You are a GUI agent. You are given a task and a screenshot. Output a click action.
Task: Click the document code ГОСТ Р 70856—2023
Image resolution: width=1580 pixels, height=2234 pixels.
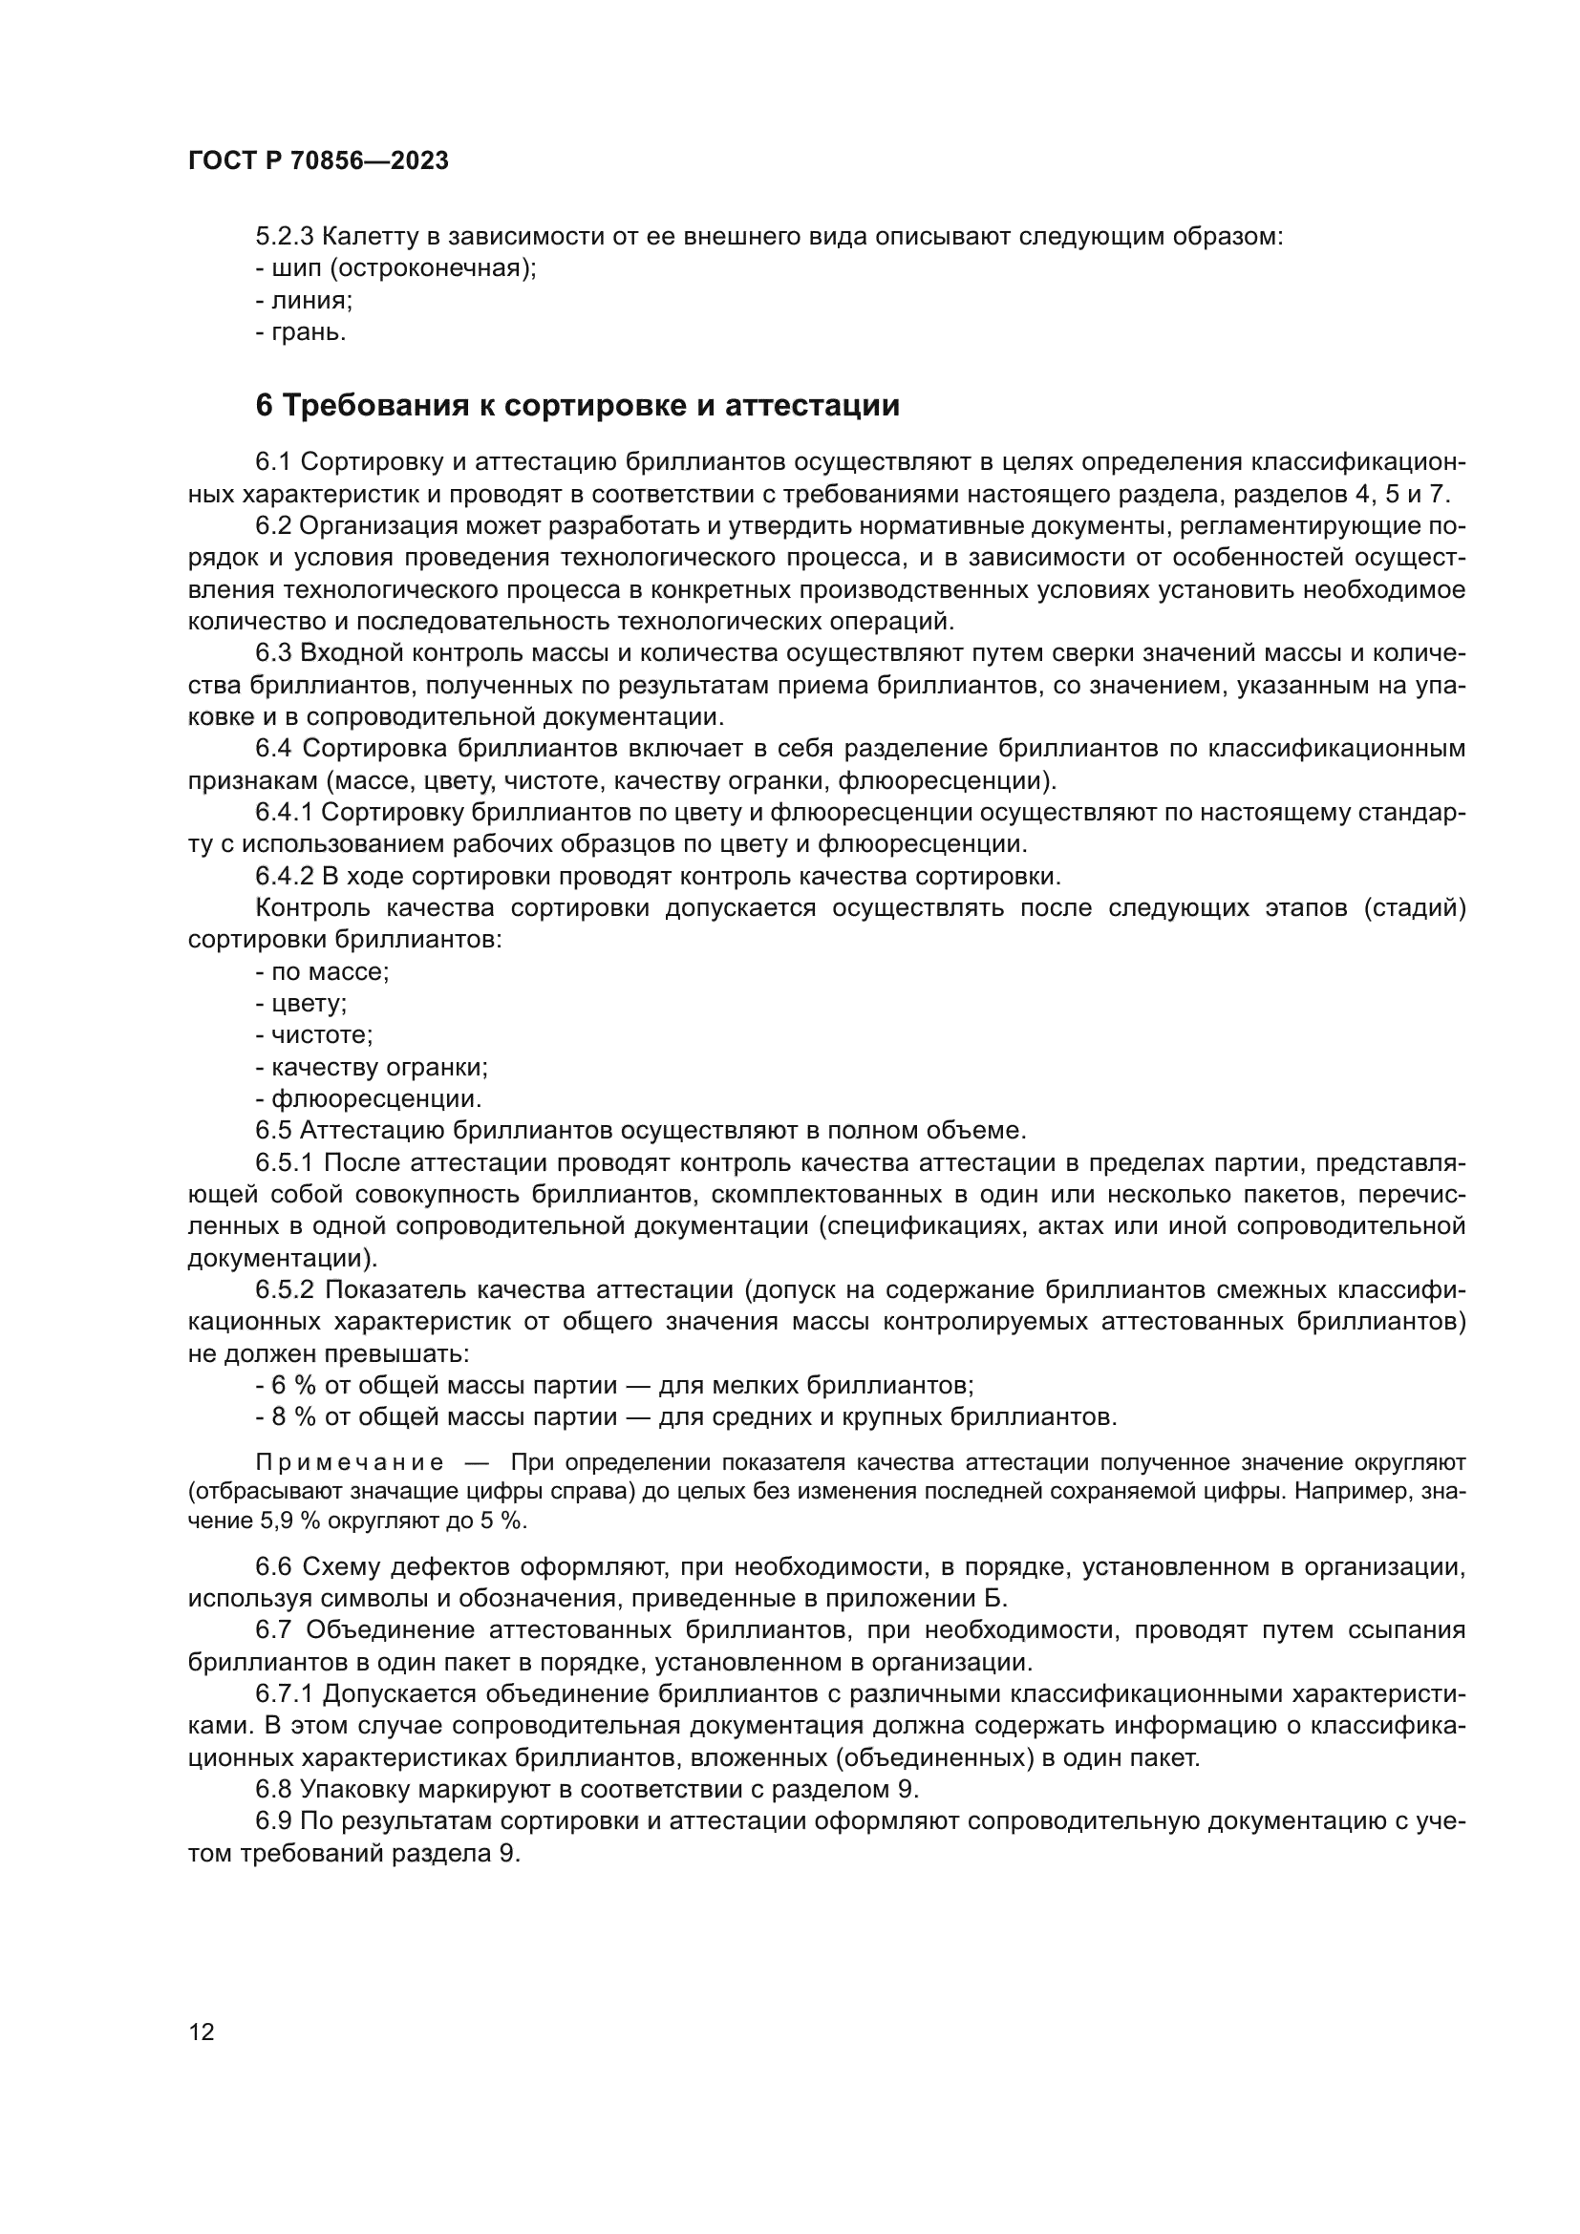click(318, 161)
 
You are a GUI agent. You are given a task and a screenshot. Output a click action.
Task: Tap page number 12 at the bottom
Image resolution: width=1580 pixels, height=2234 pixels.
click(202, 2032)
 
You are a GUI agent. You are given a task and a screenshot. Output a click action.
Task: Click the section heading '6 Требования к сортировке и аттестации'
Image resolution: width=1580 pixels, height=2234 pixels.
click(577, 406)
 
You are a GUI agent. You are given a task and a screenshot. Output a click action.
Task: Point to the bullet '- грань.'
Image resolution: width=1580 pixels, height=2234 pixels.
click(301, 332)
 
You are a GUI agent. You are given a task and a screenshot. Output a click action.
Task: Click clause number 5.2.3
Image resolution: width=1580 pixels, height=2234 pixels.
click(284, 237)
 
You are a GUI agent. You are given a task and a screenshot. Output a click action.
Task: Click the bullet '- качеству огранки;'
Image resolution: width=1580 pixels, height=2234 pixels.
click(372, 1068)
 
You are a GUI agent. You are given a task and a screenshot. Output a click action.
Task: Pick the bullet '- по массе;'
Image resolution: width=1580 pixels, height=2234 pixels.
click(322, 972)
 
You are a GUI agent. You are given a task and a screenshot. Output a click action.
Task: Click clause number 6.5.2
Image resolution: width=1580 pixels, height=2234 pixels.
click(284, 1290)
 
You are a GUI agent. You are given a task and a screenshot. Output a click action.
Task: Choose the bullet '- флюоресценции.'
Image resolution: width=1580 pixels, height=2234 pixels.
click(369, 1099)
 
